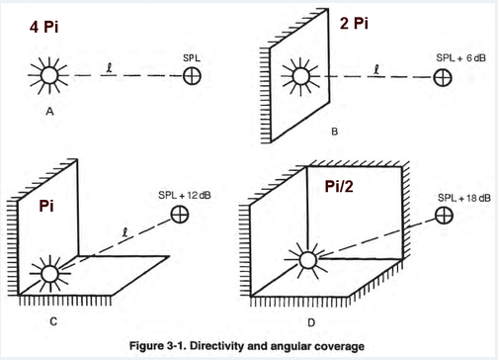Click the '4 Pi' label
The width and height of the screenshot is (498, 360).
[x=43, y=27]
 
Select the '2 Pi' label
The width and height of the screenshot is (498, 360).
[x=354, y=23]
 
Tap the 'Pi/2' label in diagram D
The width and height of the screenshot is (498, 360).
[x=339, y=186]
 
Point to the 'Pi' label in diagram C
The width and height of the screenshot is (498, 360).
[x=46, y=206]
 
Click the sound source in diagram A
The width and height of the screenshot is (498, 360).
[x=49, y=75]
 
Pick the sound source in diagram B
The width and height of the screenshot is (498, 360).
[x=300, y=77]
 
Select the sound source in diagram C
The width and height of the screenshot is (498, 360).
[x=50, y=274]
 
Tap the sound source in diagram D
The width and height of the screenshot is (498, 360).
[x=308, y=260]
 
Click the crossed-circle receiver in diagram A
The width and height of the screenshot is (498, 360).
[x=192, y=76]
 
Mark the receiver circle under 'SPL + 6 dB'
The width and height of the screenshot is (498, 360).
[x=443, y=78]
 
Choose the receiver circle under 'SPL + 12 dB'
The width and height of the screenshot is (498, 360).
[x=180, y=215]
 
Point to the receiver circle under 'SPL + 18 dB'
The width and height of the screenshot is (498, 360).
[x=444, y=216]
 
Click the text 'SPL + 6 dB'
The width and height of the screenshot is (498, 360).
[x=460, y=58]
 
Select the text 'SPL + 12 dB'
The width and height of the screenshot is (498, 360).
[x=185, y=195]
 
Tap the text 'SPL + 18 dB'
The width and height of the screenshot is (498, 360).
[x=464, y=198]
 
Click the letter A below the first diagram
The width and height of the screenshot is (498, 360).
[x=49, y=112]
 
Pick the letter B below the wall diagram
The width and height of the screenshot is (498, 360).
[x=335, y=132]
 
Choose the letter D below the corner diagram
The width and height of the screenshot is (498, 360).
[x=311, y=322]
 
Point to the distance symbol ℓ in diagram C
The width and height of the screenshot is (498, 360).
[x=124, y=232]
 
